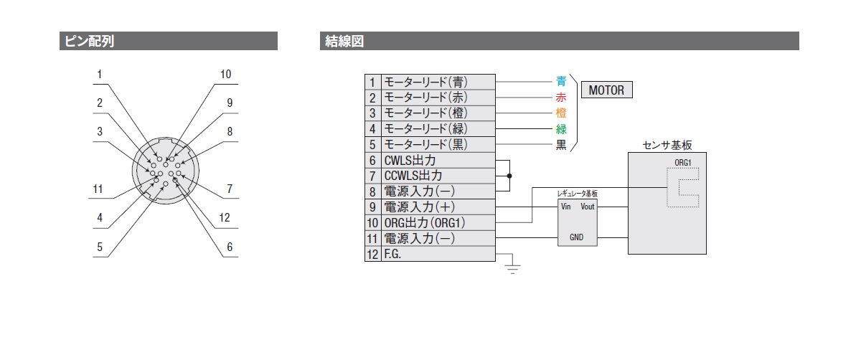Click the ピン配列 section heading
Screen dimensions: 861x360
tap(89, 41)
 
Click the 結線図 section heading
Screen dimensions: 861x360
tap(344, 41)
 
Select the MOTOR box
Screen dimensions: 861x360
tap(606, 90)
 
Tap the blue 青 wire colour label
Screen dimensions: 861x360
tap(561, 82)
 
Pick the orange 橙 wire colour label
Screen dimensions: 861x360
tap(561, 113)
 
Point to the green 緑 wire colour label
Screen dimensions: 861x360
tap(561, 129)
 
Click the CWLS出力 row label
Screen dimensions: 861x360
tap(410, 160)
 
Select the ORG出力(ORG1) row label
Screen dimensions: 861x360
tap(425, 223)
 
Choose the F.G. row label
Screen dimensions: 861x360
tap(392, 254)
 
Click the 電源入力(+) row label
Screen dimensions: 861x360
tap(419, 207)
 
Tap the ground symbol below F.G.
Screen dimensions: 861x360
tap(512, 269)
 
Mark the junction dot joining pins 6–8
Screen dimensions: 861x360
tap(509, 176)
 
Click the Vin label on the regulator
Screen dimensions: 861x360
tap(566, 207)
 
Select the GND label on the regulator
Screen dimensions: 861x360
tap(577, 237)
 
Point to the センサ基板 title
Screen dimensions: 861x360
tap(667, 146)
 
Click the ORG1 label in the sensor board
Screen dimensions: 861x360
tap(683, 163)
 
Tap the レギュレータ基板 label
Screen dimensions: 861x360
tap(578, 194)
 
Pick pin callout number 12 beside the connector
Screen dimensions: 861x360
tap(225, 218)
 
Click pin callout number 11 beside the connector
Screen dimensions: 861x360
tap(98, 189)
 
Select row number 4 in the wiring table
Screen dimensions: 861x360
tap(372, 129)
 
